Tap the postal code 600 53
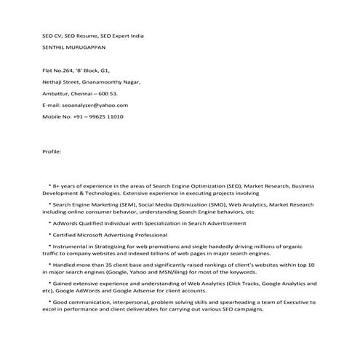[108, 94]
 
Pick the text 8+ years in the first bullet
[63, 187]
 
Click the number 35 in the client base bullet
[106, 265]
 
